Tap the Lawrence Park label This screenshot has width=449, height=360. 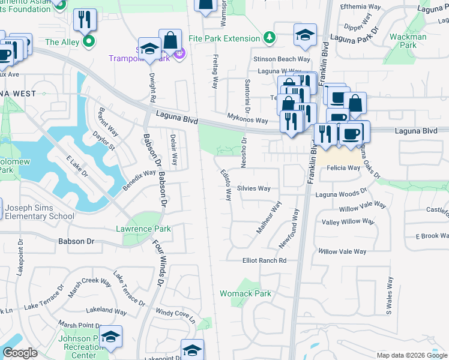143,229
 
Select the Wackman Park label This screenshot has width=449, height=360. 408,41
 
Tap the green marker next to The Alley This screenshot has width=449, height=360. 89,42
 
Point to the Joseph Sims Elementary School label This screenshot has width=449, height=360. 40,212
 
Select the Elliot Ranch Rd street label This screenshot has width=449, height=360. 264,260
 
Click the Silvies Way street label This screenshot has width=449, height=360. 254,188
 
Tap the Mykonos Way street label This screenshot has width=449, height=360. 247,120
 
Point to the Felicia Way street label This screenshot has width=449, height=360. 343,169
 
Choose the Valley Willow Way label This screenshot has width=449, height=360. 348,222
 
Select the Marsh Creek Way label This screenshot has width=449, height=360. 90,286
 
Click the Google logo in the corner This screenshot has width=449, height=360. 20,353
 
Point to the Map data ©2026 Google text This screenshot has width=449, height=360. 411,355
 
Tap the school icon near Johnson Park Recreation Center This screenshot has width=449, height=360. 110,338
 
